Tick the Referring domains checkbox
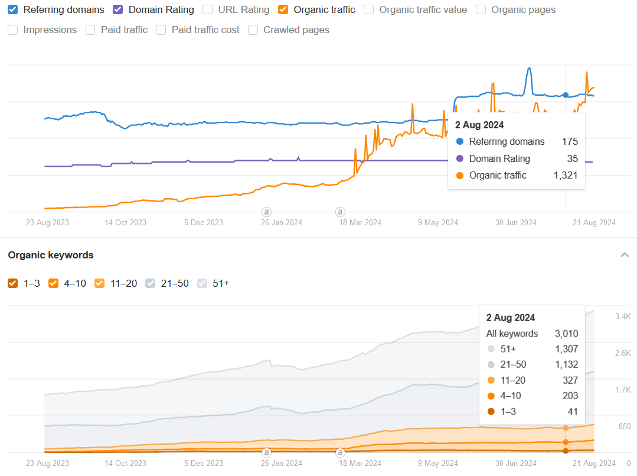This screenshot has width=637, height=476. pos(13,9)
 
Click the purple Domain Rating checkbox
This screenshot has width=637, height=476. pos(118,9)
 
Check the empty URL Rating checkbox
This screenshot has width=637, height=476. pos(208,9)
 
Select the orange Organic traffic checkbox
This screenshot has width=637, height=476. pos(283,9)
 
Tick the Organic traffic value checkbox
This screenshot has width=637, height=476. pos(369,9)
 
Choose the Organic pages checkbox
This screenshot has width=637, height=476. pos(481,9)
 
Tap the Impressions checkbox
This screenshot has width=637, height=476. pos(13,30)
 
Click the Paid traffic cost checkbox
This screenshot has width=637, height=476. pos(161,30)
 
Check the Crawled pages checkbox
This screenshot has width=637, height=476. pos(253,30)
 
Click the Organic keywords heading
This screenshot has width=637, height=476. pos(51,255)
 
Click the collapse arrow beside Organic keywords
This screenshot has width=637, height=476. pos(624,255)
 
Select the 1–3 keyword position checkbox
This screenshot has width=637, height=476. pos(13,283)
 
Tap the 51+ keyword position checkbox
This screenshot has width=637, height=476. pos(202,283)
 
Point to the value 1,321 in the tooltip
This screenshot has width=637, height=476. pos(565,175)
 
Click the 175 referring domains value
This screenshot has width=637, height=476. pos(570,141)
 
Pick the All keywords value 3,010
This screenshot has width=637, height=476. pos(566,333)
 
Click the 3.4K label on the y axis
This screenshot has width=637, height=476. pos(623,317)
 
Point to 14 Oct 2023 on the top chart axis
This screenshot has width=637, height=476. pos(126,222)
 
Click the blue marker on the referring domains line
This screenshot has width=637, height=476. pos(566,95)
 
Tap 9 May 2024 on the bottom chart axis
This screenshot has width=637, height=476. pos(438,463)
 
